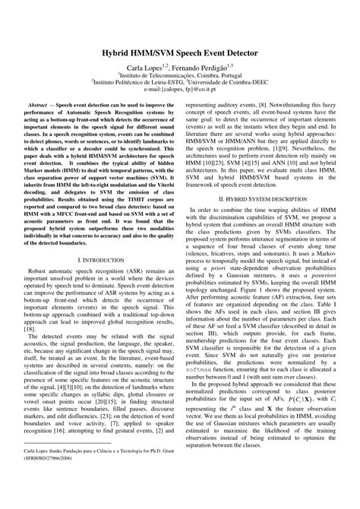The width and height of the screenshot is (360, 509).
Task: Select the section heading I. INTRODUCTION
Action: coord(93,260)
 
